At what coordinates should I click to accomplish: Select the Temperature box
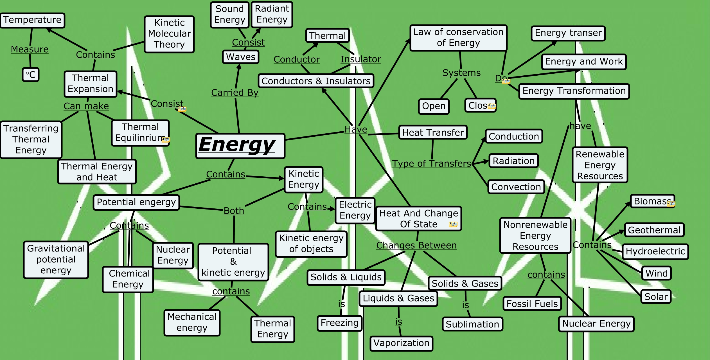pyautogui.click(x=32, y=20)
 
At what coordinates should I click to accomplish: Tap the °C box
pyautogui.click(x=31, y=75)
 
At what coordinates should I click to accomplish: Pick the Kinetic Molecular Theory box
pyautogui.click(x=169, y=34)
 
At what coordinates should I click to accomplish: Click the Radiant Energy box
pyautogui.click(x=272, y=14)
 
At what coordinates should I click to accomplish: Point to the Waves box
pyautogui.click(x=241, y=57)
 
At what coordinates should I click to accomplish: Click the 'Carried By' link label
pyautogui.click(x=235, y=93)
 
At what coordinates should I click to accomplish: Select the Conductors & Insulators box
pyautogui.click(x=316, y=81)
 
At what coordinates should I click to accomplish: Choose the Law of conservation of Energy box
pyautogui.click(x=458, y=37)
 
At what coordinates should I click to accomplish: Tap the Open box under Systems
pyautogui.click(x=434, y=106)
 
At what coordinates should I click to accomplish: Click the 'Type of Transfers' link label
pyautogui.click(x=431, y=163)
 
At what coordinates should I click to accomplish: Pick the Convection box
pyautogui.click(x=516, y=187)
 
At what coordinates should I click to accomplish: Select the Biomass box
pyautogui.click(x=652, y=201)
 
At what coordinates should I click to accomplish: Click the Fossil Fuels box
pyautogui.click(x=532, y=304)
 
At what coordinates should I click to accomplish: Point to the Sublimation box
pyautogui.click(x=472, y=324)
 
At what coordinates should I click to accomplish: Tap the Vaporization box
pyautogui.click(x=401, y=343)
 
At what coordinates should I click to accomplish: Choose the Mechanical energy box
pyautogui.click(x=192, y=322)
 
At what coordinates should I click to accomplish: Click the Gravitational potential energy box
pyautogui.click(x=56, y=259)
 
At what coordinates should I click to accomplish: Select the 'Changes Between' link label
pyautogui.click(x=416, y=246)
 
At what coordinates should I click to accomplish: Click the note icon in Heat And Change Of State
pyautogui.click(x=453, y=224)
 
